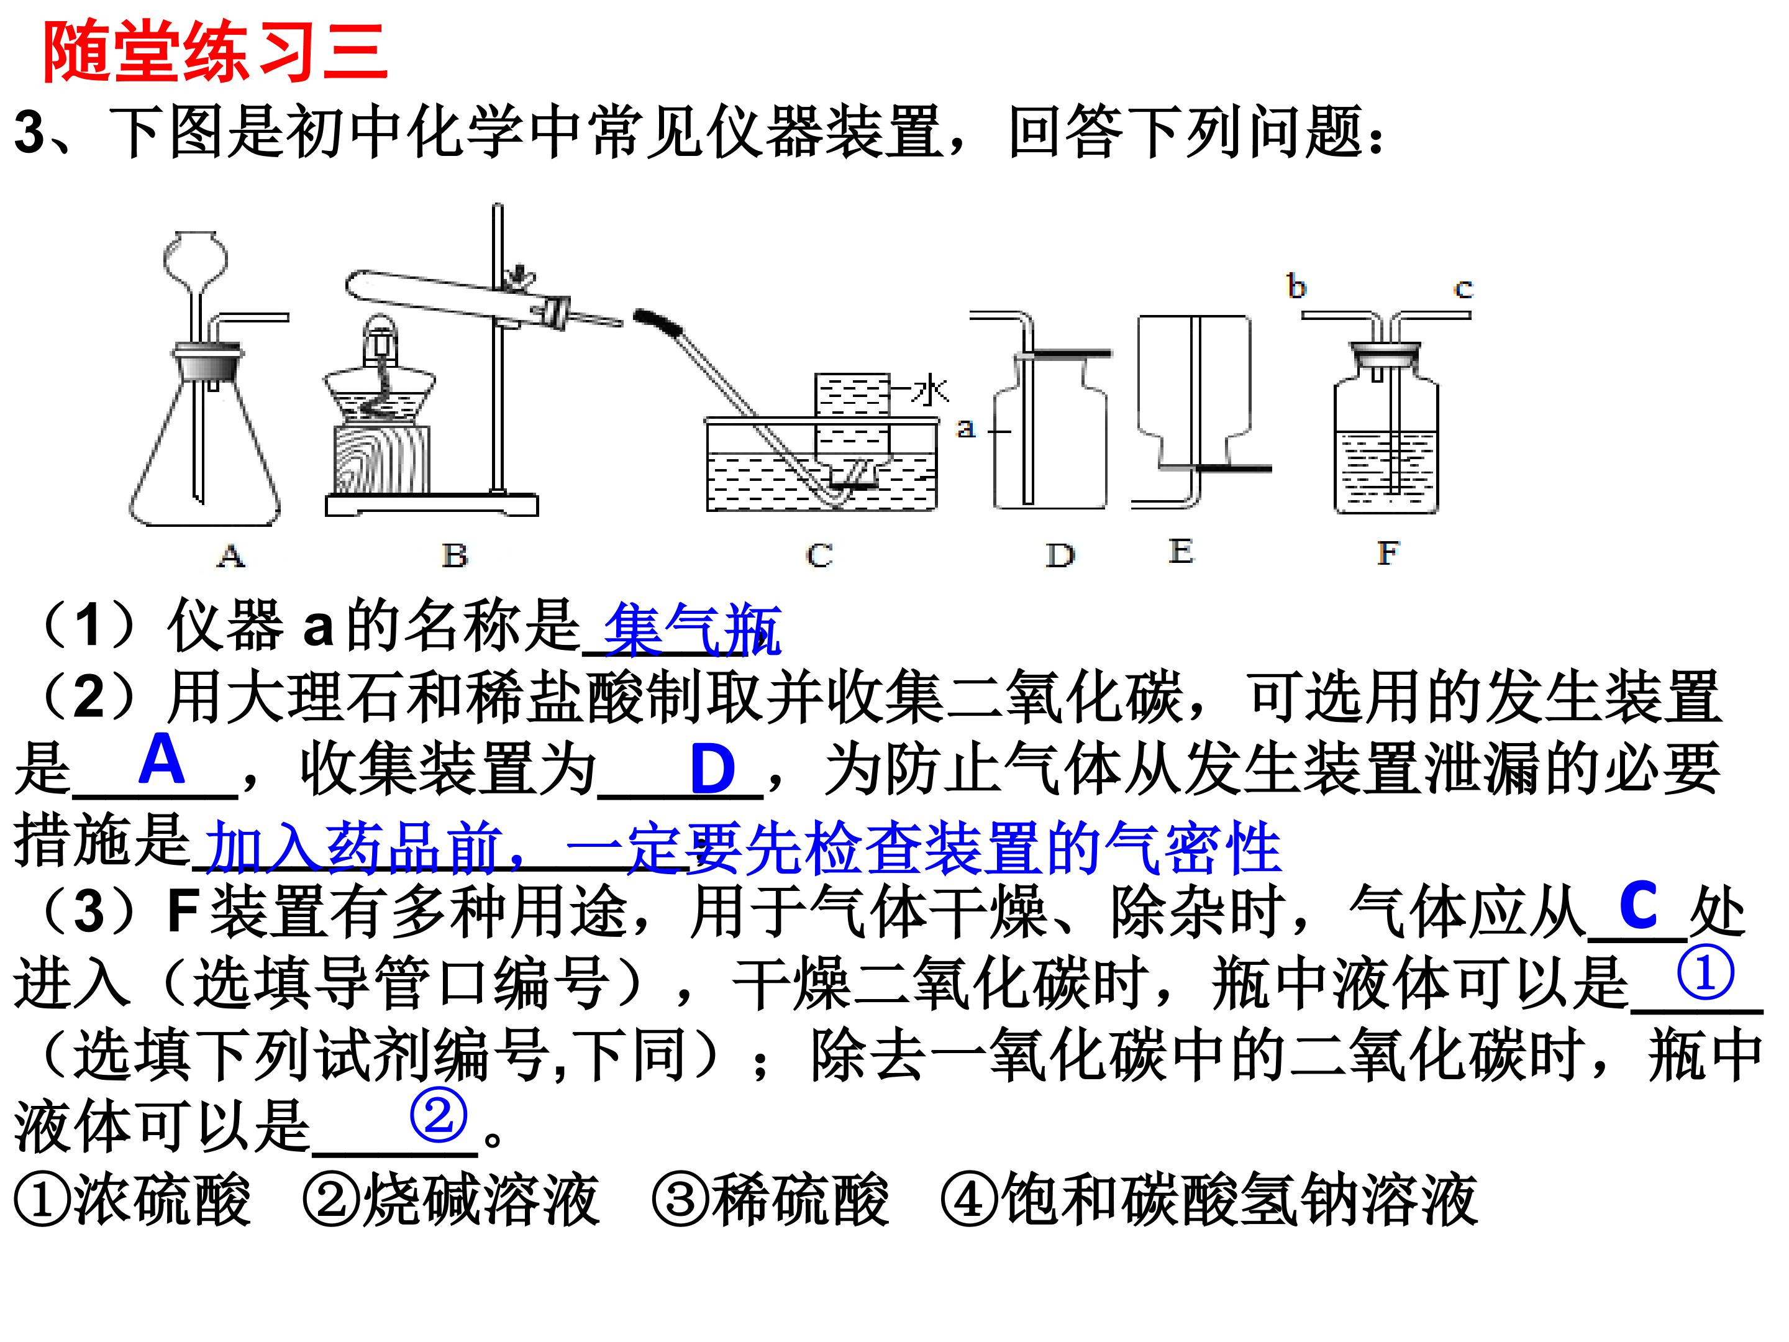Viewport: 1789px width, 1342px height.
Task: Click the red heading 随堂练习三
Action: (215, 52)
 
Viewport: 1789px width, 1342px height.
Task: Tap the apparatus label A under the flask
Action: (231, 555)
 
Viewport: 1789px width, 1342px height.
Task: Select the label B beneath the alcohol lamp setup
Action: (455, 555)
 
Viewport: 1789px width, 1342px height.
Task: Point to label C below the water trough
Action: (819, 555)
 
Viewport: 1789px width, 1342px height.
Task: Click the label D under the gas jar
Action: (1060, 555)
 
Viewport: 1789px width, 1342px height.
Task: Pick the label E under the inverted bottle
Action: (1181, 552)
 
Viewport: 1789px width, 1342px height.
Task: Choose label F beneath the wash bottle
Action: (1388, 554)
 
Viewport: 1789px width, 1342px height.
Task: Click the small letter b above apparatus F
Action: (1296, 286)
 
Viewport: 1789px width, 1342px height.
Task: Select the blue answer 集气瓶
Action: (693, 629)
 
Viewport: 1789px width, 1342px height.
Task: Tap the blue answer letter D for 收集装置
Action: (712, 769)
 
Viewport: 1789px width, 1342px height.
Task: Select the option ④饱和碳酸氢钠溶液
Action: (1210, 1200)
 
